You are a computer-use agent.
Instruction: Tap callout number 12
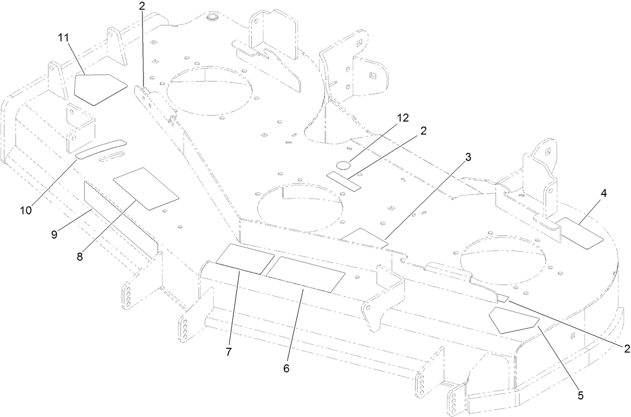(x=402, y=118)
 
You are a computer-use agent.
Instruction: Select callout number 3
(x=467, y=157)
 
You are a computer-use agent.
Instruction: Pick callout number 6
(x=286, y=368)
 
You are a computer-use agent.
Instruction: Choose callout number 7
(x=228, y=352)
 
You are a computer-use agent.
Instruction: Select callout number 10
(x=26, y=211)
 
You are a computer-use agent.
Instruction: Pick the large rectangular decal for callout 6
(x=305, y=274)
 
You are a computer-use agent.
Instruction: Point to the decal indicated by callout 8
(x=146, y=188)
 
